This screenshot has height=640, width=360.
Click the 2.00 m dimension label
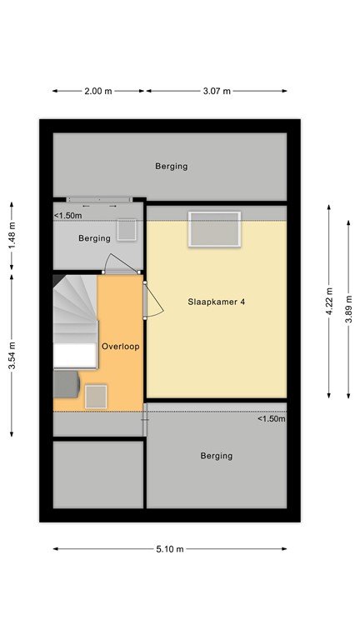point(97,91)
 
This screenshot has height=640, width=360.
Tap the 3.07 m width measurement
point(217,91)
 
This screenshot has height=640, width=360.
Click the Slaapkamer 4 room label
point(216,302)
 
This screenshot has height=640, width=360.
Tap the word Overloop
point(120,345)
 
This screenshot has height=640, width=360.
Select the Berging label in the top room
point(171,166)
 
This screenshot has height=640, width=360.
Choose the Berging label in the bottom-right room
point(216,456)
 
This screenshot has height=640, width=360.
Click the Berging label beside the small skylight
point(94,238)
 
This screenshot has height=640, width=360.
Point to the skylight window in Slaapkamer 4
point(214,229)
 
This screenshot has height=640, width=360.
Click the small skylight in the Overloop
point(97,396)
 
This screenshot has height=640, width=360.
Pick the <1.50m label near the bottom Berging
point(271,419)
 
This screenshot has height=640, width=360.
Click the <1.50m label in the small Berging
point(67,216)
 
